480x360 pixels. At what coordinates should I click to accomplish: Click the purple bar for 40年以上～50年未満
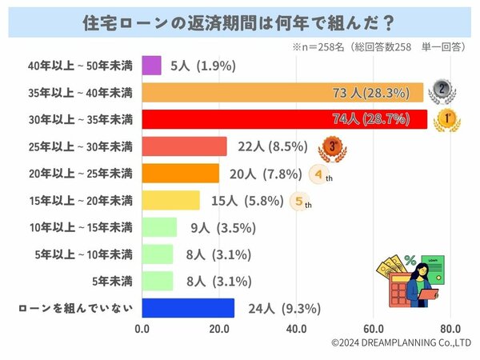151,66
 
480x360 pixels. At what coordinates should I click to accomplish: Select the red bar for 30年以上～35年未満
284,119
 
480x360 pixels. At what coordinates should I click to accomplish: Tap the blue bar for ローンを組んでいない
188,308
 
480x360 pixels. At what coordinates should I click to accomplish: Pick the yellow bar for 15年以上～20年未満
170,200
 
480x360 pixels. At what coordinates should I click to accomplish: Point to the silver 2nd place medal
441,90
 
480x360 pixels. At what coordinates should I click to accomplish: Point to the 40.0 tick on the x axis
297,328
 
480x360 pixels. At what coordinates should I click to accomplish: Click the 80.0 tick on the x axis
450,328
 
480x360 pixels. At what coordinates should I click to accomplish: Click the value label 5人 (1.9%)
202,66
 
